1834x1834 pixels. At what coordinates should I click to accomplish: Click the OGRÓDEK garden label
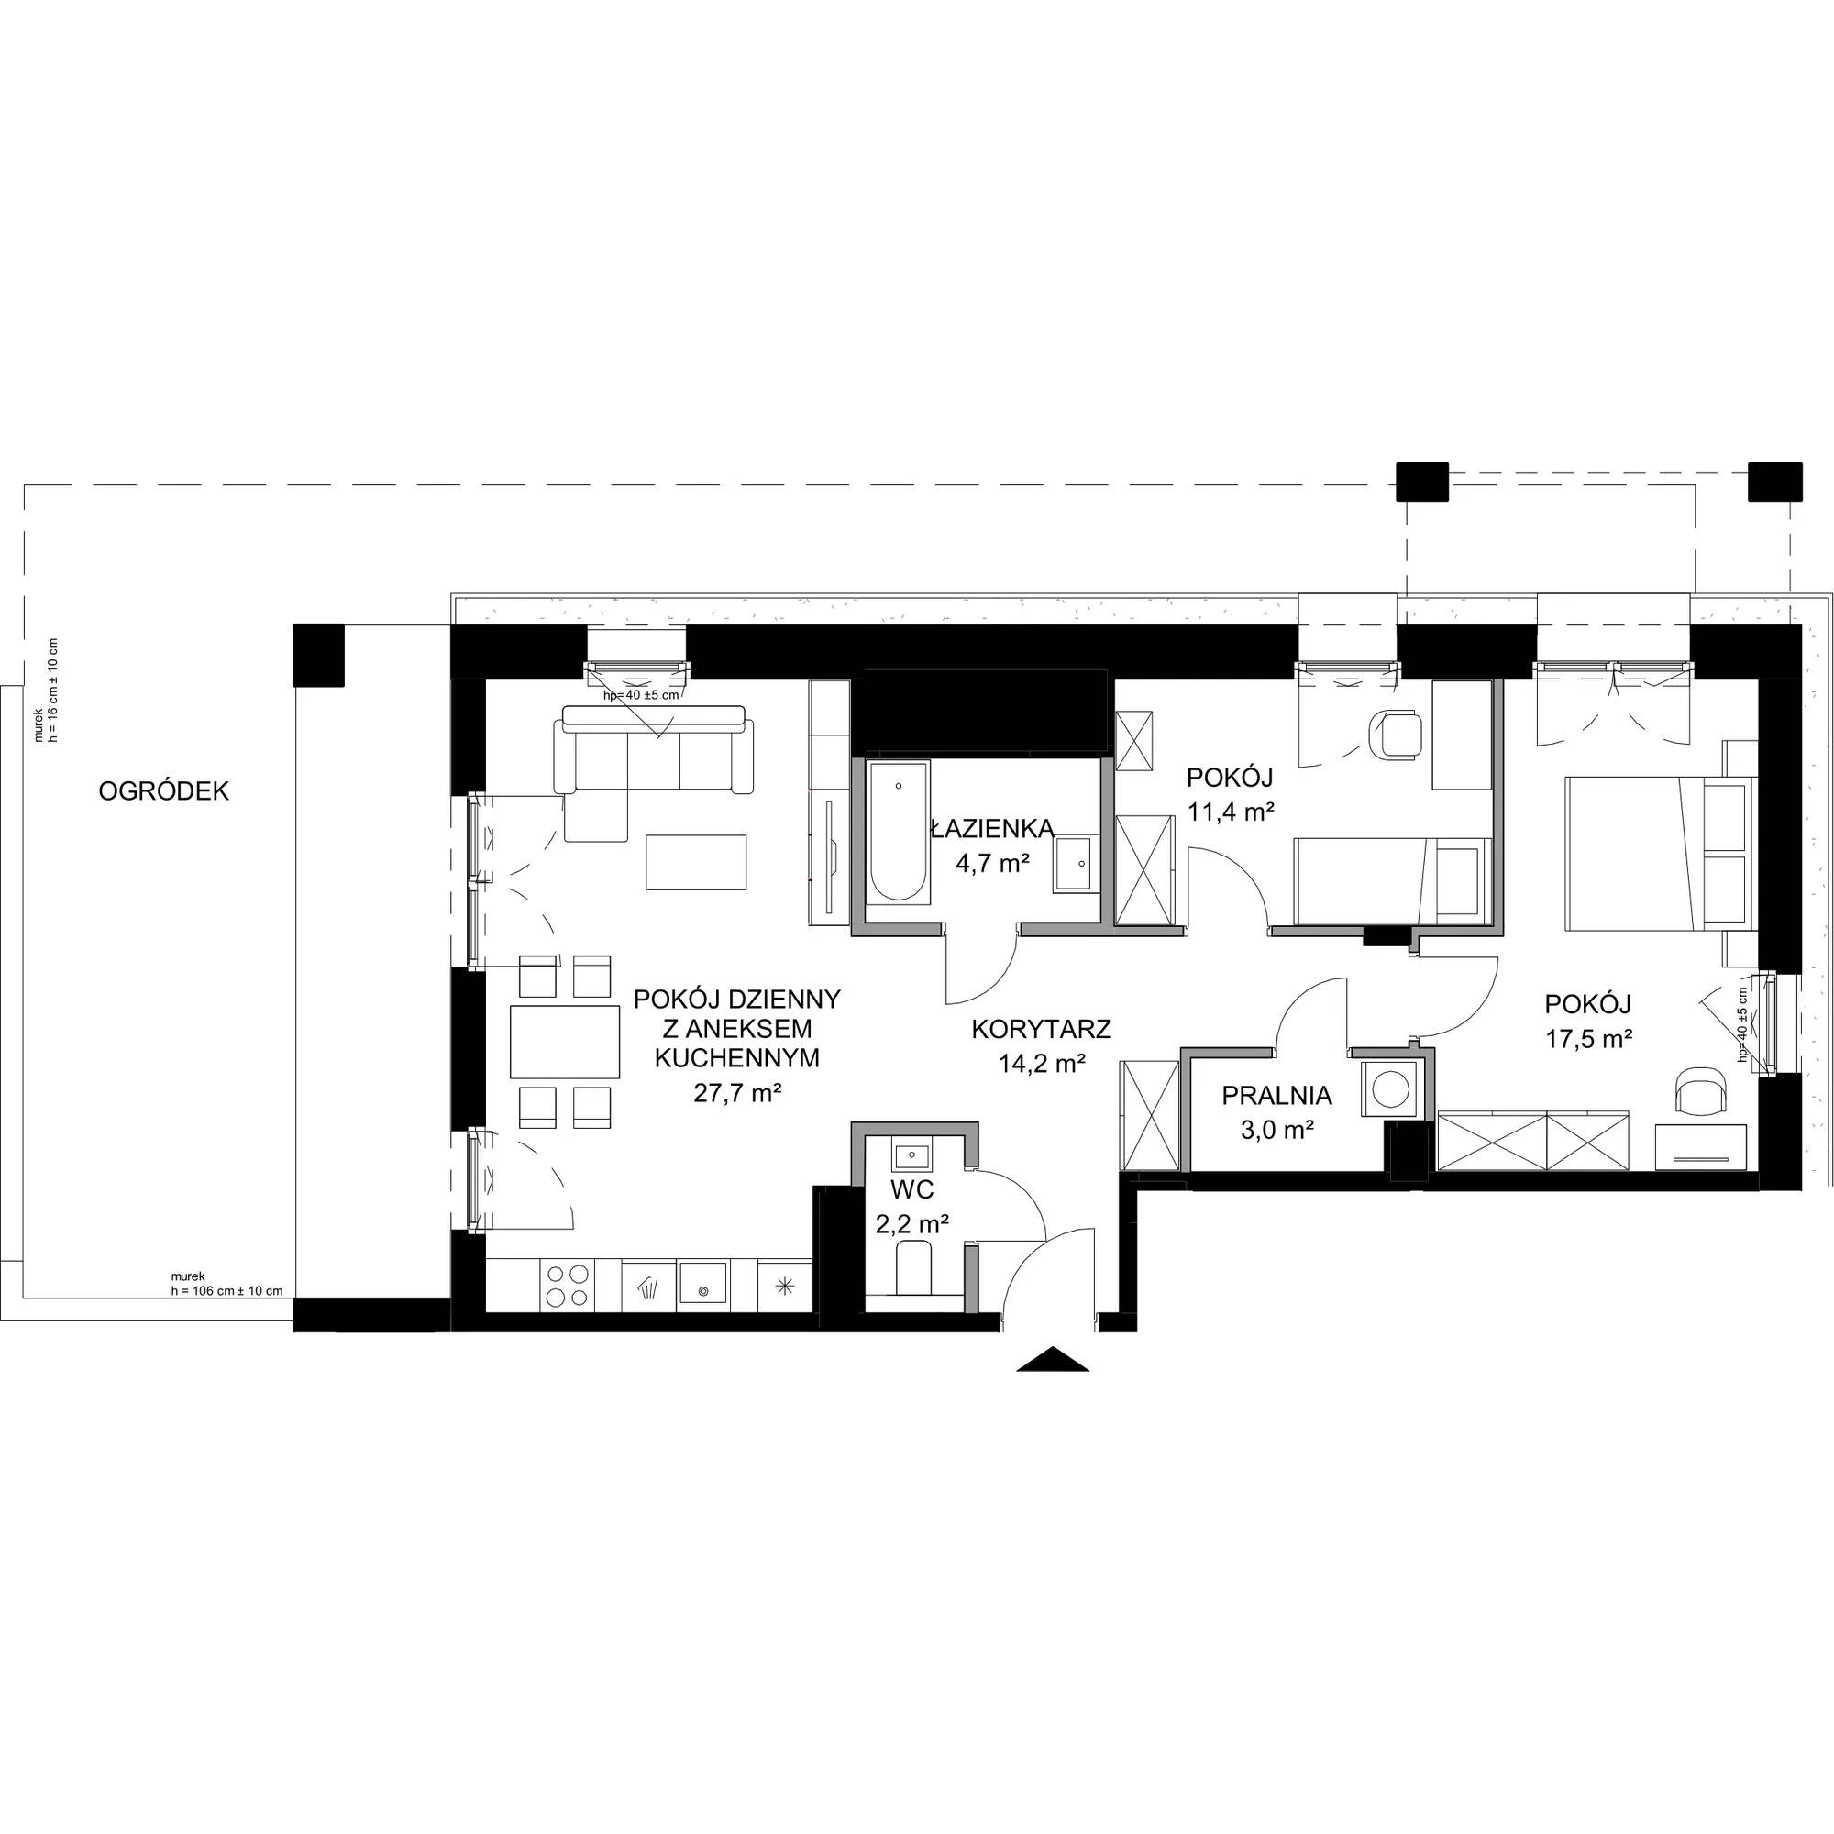tap(164, 791)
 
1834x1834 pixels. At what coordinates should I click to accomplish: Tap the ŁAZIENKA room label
tap(993, 829)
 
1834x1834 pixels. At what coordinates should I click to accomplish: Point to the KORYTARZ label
tap(1042, 1029)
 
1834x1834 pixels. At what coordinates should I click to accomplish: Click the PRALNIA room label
tap(1276, 1096)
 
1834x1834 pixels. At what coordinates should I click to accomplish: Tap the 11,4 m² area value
tap(1230, 812)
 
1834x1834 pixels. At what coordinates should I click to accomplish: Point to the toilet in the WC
tap(914, 1267)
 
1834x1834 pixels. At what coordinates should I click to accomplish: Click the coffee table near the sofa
tap(697, 862)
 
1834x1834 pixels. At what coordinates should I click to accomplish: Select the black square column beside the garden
tap(319, 655)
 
